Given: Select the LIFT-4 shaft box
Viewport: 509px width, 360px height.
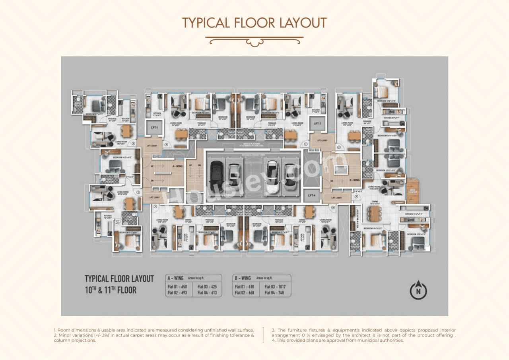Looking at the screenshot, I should click(x=311, y=195).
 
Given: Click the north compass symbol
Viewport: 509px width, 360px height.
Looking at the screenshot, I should click(x=418, y=290).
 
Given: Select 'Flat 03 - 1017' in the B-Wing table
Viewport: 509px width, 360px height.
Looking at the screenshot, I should click(x=278, y=287).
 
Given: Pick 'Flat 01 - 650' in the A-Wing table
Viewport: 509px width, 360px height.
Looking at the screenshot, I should click(x=178, y=287).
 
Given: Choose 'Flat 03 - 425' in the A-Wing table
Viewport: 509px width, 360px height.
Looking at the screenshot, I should click(x=208, y=287).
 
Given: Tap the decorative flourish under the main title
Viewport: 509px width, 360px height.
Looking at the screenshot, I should click(x=254, y=41).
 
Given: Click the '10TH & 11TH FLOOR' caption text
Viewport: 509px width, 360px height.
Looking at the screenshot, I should click(x=111, y=290).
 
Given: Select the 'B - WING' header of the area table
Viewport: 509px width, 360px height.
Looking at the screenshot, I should click(x=243, y=278).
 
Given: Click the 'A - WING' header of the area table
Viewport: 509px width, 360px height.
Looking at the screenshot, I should click(x=175, y=278).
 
